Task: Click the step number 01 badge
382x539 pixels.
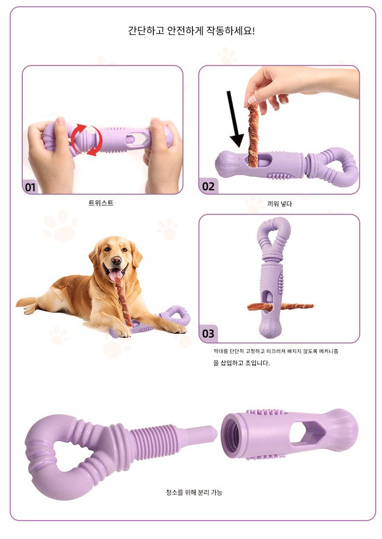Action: click(x=30, y=187)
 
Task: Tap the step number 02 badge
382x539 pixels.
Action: click(x=208, y=186)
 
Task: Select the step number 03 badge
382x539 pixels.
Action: click(x=208, y=334)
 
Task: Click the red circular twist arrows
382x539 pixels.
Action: click(x=87, y=139)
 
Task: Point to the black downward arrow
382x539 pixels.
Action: click(x=235, y=119)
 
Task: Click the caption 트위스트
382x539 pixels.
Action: click(x=101, y=203)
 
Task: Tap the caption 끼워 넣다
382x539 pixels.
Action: click(x=279, y=204)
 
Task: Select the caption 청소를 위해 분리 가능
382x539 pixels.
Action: click(x=194, y=492)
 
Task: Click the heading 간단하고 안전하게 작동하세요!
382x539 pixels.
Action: click(x=191, y=31)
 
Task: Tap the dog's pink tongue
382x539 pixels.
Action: click(x=116, y=274)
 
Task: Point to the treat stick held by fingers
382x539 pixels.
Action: click(x=253, y=136)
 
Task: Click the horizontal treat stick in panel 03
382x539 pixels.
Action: click(x=280, y=306)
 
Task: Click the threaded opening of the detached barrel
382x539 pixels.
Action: click(x=230, y=435)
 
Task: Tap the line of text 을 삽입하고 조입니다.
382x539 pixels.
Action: click(x=241, y=363)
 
